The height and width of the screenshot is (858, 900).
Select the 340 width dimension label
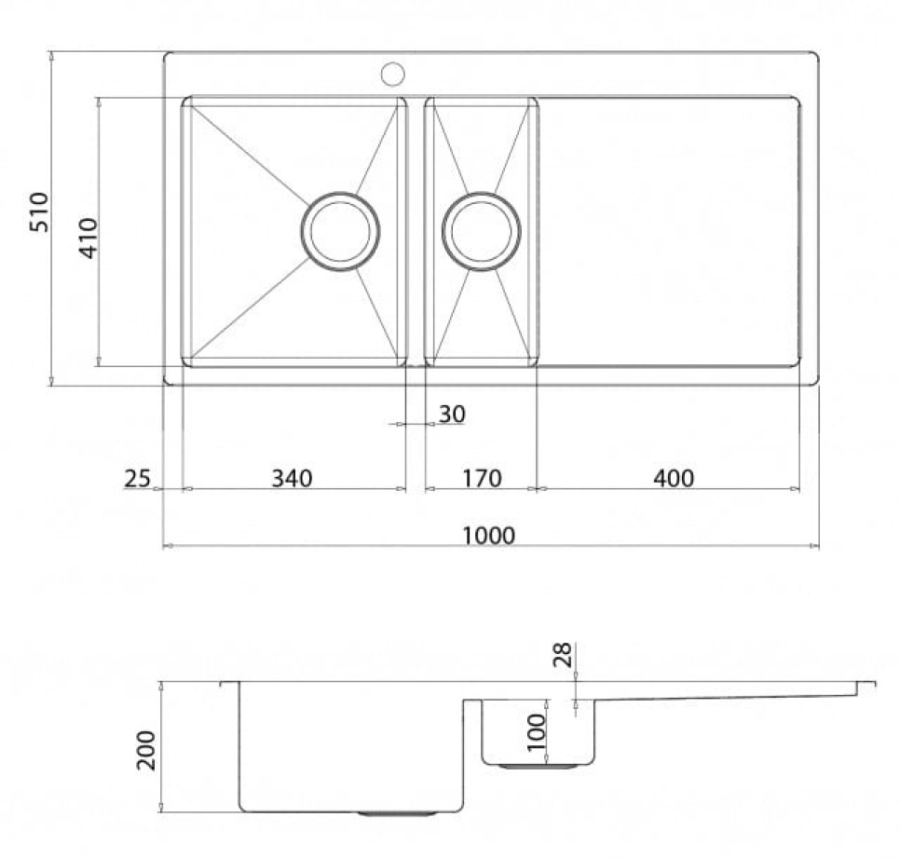click(x=292, y=478)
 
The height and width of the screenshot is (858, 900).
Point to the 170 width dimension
click(x=482, y=478)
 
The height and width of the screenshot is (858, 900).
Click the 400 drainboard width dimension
click(x=674, y=478)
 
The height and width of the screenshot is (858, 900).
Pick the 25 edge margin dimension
click(x=136, y=478)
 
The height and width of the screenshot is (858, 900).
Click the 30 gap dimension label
click(x=452, y=414)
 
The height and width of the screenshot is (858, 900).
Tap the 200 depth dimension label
click(x=147, y=749)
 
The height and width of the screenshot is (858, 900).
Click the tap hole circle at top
click(x=392, y=72)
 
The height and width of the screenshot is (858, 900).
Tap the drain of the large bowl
click(x=340, y=231)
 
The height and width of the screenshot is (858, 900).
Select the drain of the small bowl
click(x=482, y=231)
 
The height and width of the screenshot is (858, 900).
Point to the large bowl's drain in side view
click(x=386, y=812)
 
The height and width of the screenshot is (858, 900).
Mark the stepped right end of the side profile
click(x=866, y=687)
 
